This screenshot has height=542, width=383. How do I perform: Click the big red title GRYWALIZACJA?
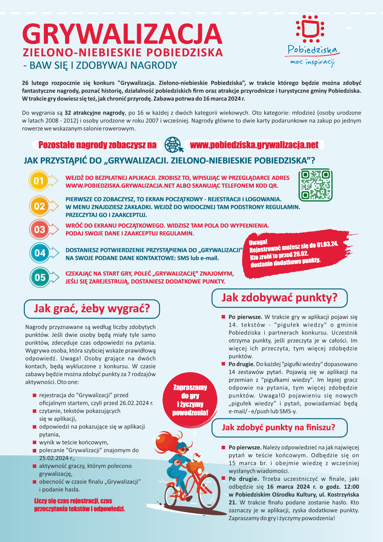pyautogui.click(x=122, y=34)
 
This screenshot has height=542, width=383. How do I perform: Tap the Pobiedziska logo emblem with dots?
pyautogui.click(x=310, y=28)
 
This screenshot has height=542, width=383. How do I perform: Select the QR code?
pyautogui.click(x=315, y=185)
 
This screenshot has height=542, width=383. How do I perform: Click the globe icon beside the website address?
pyautogui.click(x=173, y=145)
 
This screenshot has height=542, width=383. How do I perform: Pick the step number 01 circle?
pyautogui.click(x=39, y=181)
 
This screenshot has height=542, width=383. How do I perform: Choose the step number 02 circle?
pyautogui.click(x=39, y=206)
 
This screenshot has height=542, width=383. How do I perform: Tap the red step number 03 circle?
pyautogui.click(x=40, y=229)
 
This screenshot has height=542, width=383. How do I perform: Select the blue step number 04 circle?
pyautogui.click(x=40, y=253)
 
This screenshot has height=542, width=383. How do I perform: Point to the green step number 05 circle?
pyautogui.click(x=40, y=277)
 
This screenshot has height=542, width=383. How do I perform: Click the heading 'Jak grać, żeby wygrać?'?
pyautogui.click(x=92, y=309)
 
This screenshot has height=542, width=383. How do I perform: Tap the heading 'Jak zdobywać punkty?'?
pyautogui.click(x=279, y=298)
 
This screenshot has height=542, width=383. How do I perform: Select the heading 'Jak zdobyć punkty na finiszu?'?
pyautogui.click(x=279, y=427)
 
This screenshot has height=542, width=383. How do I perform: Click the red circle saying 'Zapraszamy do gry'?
pyautogui.click(x=190, y=399)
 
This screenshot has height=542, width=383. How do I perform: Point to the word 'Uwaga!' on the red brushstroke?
pyautogui.click(x=258, y=242)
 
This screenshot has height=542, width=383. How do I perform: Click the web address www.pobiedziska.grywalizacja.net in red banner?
pyautogui.click(x=254, y=145)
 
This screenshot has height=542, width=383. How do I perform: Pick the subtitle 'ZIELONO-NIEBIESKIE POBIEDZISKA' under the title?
pyautogui.click(x=123, y=52)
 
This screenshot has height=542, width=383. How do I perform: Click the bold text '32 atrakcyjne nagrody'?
pyautogui.click(x=95, y=113)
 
